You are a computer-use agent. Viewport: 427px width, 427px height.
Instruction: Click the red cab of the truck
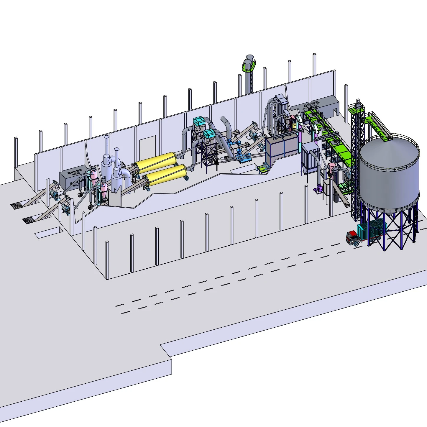coord(351,236)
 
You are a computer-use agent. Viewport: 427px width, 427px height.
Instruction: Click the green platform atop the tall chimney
coord(249,65)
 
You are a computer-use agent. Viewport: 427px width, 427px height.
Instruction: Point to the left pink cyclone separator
coord(93,177)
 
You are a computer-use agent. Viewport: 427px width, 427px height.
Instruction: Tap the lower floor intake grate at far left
coord(29,220)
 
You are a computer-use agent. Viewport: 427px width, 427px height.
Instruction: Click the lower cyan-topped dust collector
coord(209,134)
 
